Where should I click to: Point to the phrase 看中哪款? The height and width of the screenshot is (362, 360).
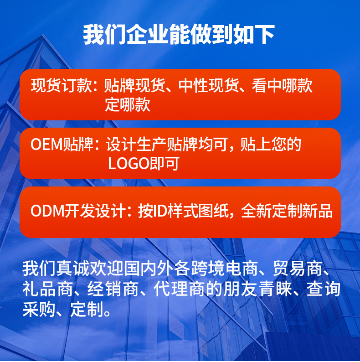(283, 86)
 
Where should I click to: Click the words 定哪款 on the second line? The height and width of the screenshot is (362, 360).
(127, 105)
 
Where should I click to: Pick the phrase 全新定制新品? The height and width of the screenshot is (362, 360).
(287, 212)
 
